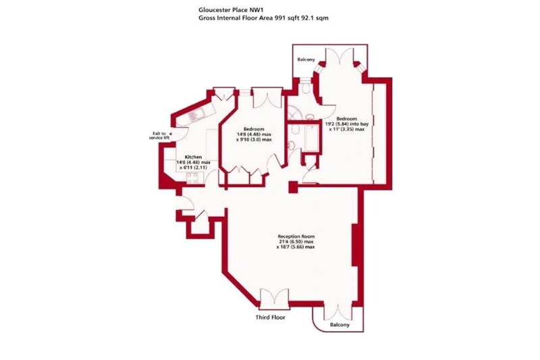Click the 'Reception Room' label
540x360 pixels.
[x=296, y=236]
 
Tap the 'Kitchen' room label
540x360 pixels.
[x=193, y=157]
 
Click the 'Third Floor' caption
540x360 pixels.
[x=271, y=317]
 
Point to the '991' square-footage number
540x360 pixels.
[x=279, y=18]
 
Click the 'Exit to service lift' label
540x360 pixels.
[x=159, y=135]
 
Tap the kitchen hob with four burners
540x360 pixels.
[x=192, y=178]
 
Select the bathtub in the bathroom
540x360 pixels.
[x=311, y=138]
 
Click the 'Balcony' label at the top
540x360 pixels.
[x=306, y=59]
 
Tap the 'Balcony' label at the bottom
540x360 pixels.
[x=340, y=325]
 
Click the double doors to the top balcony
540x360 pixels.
[x=340, y=56]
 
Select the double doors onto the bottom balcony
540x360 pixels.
[x=338, y=312]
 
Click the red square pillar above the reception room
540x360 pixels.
[x=293, y=187]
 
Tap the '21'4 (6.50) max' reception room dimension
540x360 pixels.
[x=296, y=242]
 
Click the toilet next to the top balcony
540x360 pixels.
[x=304, y=88]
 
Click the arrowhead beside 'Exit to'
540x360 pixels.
[x=171, y=134]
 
